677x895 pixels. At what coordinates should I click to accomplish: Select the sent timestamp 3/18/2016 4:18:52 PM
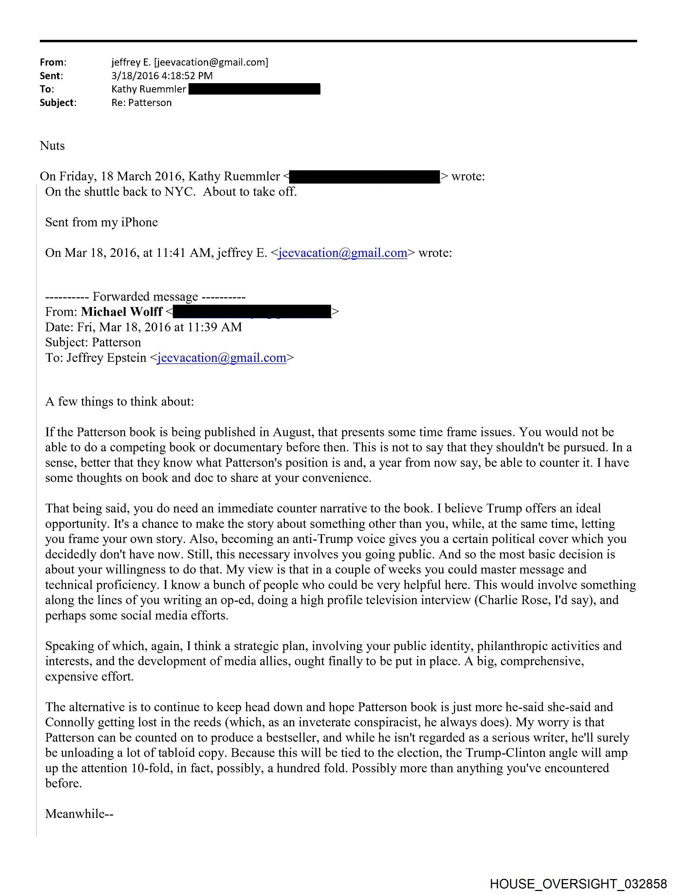(162, 76)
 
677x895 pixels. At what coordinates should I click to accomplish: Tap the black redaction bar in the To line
(254, 89)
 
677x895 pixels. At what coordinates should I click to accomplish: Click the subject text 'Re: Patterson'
(142, 103)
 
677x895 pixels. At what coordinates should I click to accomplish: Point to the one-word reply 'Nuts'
(52, 146)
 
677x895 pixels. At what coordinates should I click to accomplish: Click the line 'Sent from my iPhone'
(101, 222)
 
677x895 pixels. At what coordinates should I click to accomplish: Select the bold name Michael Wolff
(122, 312)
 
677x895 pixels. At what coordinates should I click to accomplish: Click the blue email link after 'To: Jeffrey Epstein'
(222, 358)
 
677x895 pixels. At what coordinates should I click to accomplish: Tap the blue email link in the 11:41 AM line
(342, 253)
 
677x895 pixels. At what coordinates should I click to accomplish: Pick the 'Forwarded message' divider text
(145, 296)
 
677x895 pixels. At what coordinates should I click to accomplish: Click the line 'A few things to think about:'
(120, 401)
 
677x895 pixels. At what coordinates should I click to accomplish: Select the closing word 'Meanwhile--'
(79, 814)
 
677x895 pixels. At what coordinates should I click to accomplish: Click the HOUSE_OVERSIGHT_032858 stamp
(578, 884)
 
